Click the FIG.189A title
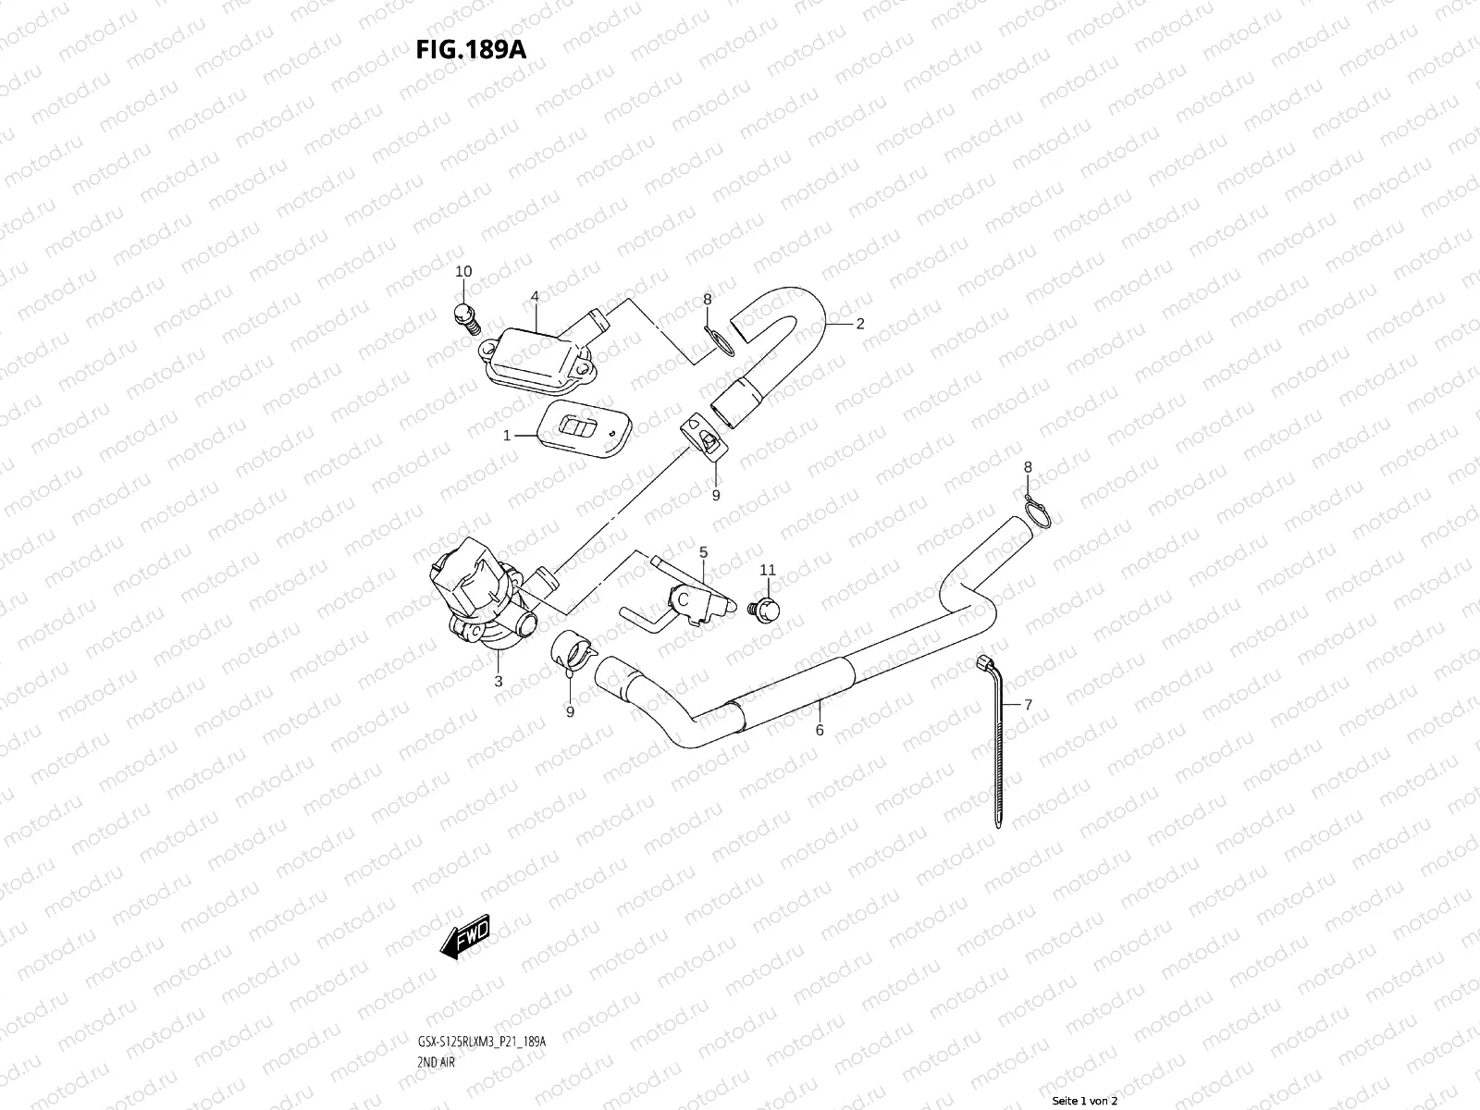[x=471, y=50]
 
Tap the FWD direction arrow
[x=465, y=936]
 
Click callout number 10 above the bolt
[x=463, y=271]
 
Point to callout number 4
[x=535, y=296]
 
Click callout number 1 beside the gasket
[x=507, y=436]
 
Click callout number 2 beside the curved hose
[x=860, y=324]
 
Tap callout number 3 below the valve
[x=499, y=682]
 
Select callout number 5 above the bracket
[x=703, y=552]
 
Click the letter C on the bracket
[x=683, y=599]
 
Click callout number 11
[x=768, y=570]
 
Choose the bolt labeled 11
[x=764, y=610]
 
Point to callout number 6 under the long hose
[x=820, y=730]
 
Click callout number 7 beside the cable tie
[x=1029, y=705]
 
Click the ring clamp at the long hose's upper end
[x=1036, y=511]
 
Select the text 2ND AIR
[x=437, y=1063]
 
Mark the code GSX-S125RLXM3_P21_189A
[x=481, y=1042]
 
